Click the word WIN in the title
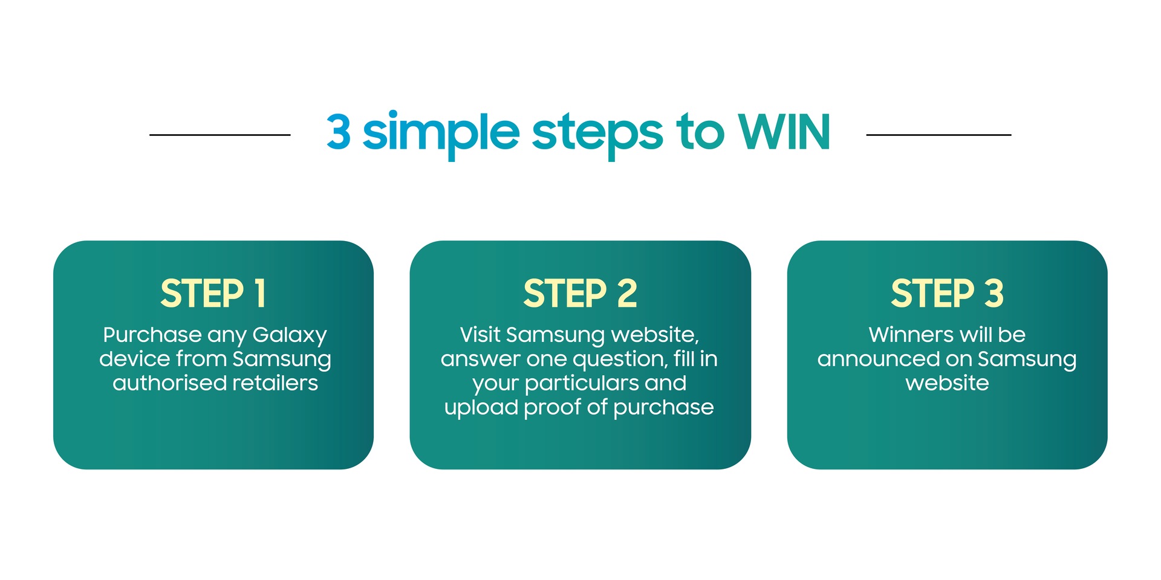coord(784,132)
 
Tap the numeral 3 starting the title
coord(339,132)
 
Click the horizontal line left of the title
coord(220,135)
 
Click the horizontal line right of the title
coord(938,135)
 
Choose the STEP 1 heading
coord(213,294)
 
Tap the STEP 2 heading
coord(580,294)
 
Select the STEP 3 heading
coord(948,294)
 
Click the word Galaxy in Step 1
coord(290,336)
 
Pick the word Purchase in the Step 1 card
coord(152,335)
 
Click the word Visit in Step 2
coord(480,335)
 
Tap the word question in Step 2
coord(620,360)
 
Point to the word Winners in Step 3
coord(912,335)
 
